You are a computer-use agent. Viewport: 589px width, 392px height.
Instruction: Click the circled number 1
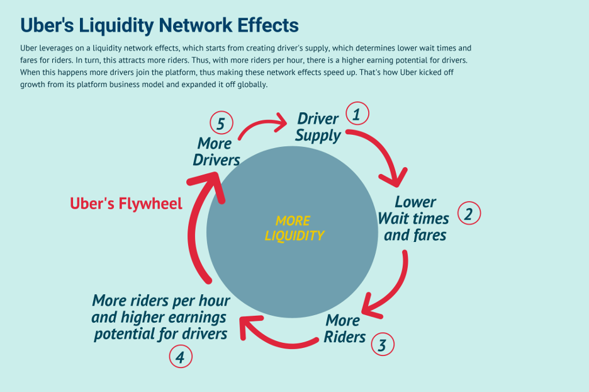click(x=357, y=114)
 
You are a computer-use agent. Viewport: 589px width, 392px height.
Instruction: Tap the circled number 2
click(x=468, y=213)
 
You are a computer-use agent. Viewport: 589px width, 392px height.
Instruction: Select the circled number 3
click(x=382, y=344)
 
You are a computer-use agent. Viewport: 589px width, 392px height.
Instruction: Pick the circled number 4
click(x=180, y=357)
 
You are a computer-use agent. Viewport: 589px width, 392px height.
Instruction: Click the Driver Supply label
click(x=318, y=127)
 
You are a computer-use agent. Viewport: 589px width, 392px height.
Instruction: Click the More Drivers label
click(x=216, y=151)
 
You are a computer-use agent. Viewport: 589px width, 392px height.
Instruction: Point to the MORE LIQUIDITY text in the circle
click(x=294, y=229)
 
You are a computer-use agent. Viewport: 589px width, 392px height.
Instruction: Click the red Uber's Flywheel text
click(x=126, y=204)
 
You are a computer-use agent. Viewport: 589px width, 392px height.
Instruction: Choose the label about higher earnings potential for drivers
click(x=160, y=316)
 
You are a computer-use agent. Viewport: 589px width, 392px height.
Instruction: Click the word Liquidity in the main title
click(x=119, y=25)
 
